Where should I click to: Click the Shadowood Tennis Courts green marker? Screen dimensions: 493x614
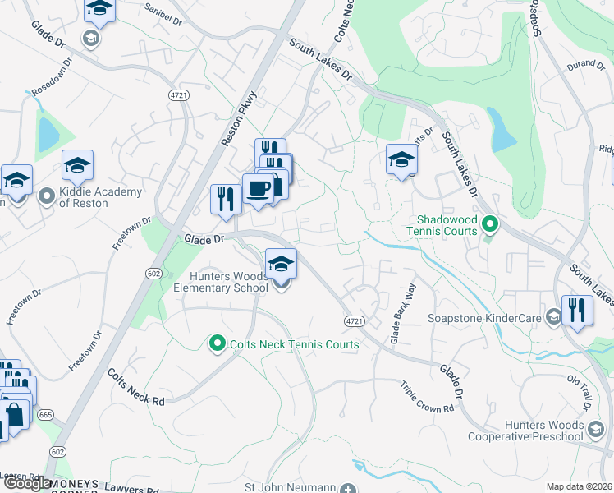tap(490, 223)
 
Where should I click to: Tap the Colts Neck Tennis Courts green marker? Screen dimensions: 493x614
tap(218, 343)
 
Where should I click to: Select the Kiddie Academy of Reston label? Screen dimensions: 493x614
tap(101, 197)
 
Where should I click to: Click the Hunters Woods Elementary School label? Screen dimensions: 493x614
tap(221, 282)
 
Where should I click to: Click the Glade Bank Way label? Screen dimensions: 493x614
tap(403, 314)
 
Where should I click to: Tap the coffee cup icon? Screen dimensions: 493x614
tap(258, 190)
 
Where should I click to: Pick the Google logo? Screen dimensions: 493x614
tap(27, 483)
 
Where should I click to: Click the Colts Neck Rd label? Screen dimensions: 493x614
tap(137, 386)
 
